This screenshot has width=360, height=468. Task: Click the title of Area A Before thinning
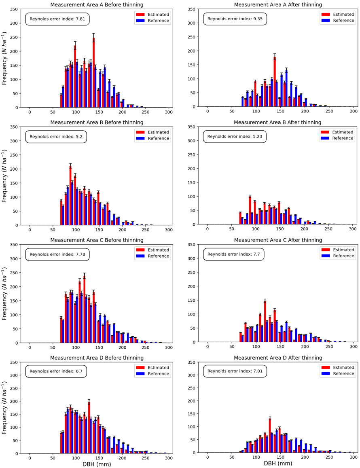click(96, 5)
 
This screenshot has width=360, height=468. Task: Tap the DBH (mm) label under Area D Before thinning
click(96, 464)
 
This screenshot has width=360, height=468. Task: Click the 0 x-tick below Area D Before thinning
click(30, 457)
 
